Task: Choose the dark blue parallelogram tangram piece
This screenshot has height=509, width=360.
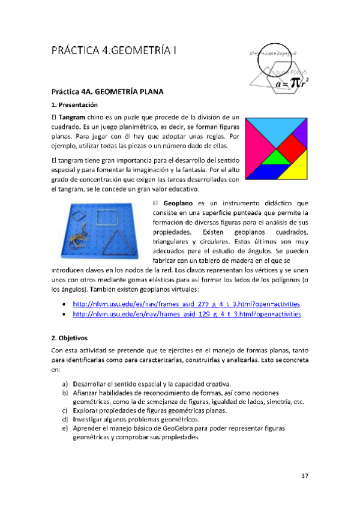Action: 262,173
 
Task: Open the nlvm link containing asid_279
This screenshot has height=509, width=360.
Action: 186,304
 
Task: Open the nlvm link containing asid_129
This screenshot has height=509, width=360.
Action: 186,314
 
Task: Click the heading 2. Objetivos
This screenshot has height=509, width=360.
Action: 69,337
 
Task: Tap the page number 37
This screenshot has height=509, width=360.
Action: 305,476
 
